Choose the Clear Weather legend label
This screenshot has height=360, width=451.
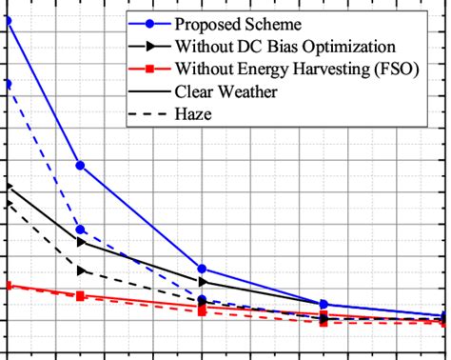pos(226,91)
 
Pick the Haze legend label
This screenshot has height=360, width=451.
pos(193,114)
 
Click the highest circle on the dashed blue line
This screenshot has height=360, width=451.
pos(8,84)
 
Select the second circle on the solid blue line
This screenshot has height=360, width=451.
pos(80,166)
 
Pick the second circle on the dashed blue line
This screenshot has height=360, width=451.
pos(81,230)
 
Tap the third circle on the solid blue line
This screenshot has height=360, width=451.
pos(202,269)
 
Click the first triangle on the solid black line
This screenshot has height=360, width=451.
pos(8,187)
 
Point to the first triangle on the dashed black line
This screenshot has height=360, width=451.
pos(8,202)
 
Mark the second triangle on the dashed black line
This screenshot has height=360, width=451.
pos(81,270)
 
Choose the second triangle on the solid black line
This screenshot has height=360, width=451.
pos(81,242)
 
